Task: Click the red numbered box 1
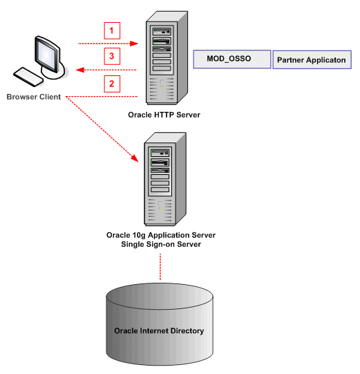(x=112, y=30)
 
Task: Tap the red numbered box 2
(x=112, y=84)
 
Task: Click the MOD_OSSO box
(x=232, y=59)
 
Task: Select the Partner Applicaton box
(x=312, y=60)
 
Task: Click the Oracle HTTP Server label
(x=164, y=114)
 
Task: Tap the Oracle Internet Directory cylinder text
(x=159, y=330)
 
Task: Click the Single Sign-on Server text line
(x=163, y=244)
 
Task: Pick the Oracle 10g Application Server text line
(x=163, y=234)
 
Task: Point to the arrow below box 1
(x=111, y=43)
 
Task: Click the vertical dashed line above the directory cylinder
(x=160, y=267)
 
